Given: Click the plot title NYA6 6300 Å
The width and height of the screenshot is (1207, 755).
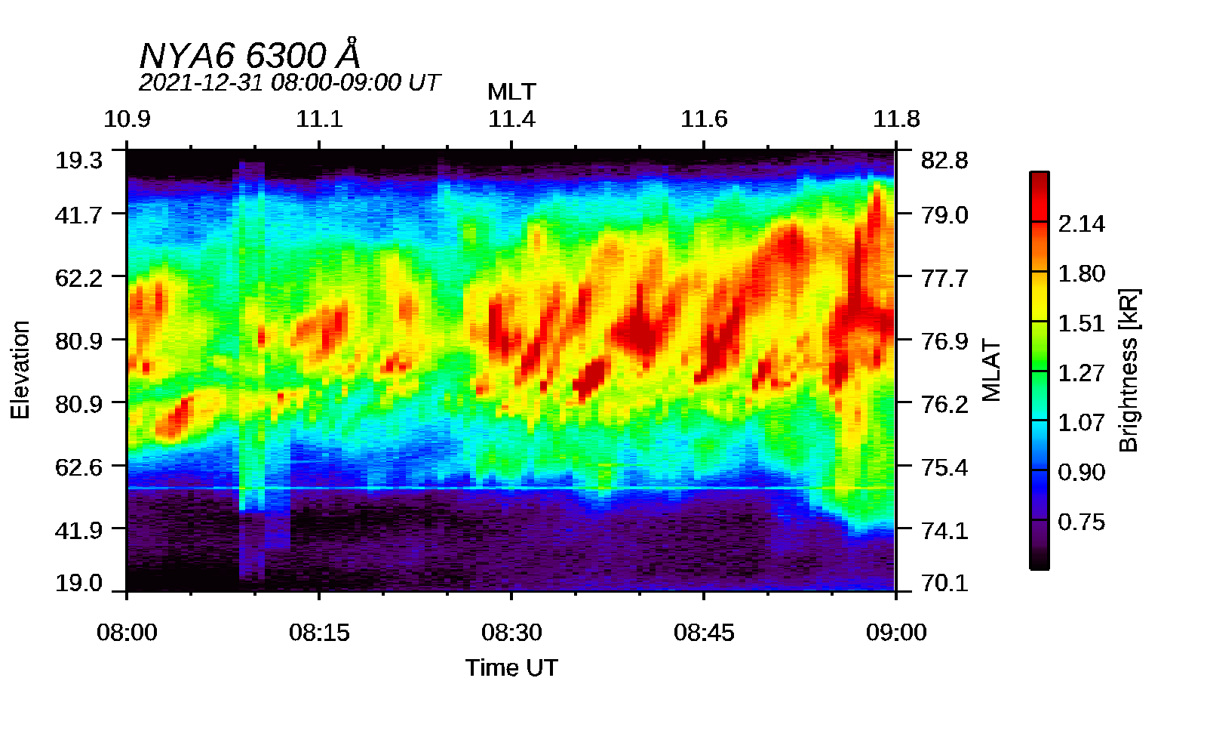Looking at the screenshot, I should tap(250, 55).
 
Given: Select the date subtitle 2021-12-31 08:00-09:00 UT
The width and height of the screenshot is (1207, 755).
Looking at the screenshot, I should tap(289, 82).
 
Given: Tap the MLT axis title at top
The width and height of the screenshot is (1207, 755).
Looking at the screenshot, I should tap(511, 92).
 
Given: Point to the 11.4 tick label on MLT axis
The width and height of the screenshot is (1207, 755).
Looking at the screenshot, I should tap(511, 119).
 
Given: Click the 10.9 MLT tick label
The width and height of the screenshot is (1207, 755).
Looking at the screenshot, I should tap(127, 119).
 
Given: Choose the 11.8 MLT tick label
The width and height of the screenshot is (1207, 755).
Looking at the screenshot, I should tap(896, 119).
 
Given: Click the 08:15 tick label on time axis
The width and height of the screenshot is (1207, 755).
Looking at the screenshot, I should tap(319, 633).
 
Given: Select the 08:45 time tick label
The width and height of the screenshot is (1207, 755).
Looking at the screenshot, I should tap(704, 633).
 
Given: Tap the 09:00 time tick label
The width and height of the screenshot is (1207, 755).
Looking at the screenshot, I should tap(896, 633).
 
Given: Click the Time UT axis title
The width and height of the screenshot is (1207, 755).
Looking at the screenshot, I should tap(511, 667).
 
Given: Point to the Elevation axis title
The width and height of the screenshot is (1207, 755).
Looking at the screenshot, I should tap(20, 370).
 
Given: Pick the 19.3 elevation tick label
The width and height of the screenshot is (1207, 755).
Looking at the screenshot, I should tap(78, 160).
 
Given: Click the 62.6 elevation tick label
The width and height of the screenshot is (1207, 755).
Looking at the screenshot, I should tap(78, 467).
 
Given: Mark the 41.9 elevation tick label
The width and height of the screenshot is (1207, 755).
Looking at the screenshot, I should tap(78, 530).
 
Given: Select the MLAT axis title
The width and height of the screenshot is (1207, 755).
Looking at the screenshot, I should tap(990, 370).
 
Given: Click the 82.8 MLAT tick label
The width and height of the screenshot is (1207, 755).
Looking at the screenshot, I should tap(944, 160).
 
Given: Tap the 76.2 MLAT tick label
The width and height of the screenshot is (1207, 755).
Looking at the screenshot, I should tap(944, 404).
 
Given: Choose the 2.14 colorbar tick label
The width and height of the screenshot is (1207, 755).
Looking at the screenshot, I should tap(1081, 223).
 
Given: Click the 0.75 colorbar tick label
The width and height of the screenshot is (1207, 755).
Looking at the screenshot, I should tap(1081, 522).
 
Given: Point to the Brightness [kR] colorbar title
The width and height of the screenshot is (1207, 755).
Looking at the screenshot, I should tap(1129, 370).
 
